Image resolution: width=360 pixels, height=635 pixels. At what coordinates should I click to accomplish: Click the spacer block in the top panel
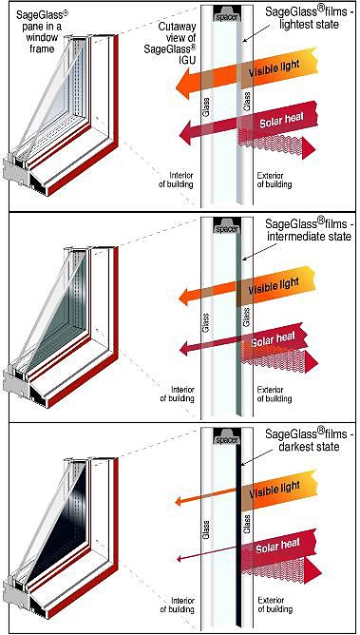pos(227,14)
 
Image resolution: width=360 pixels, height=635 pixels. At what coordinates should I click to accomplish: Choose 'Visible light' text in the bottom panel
pos(275,489)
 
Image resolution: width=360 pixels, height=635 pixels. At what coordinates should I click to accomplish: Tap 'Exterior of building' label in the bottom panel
pos(275,605)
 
